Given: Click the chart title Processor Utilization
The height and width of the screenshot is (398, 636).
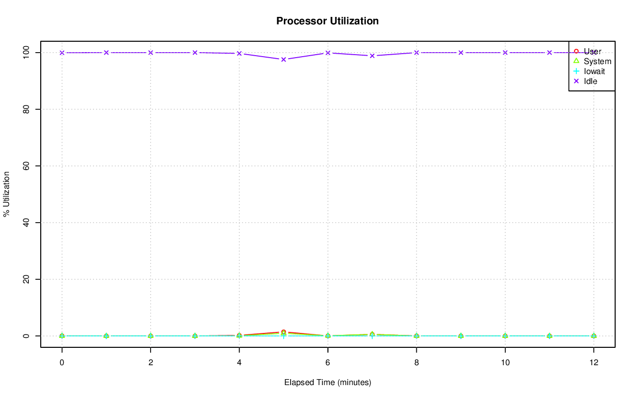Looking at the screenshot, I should (327, 21).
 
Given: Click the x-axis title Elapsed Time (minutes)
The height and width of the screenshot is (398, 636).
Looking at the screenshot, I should (327, 383).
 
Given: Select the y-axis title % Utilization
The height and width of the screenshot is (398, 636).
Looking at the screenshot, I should (7, 194).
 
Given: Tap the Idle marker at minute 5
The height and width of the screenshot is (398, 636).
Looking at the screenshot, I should (284, 59).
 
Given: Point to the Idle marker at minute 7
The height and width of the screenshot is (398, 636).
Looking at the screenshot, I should (372, 56).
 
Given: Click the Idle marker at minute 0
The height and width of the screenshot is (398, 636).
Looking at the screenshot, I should (62, 53).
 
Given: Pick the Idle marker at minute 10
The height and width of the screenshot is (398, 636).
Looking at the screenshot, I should (505, 53).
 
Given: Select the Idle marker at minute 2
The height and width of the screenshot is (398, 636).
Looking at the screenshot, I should (151, 53).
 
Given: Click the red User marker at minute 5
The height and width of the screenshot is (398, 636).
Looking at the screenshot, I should (284, 332).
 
